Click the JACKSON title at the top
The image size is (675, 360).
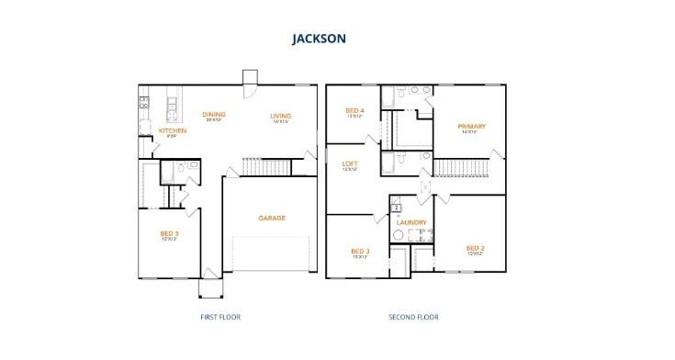click(319, 39)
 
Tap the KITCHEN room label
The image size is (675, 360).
click(173, 130)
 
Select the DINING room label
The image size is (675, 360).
click(215, 115)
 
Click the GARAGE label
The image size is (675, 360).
click(272, 218)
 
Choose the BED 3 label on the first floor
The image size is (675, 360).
click(169, 233)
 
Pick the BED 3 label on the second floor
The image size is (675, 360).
click(360, 251)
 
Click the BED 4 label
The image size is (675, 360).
click(354, 110)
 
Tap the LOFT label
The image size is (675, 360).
click(350, 163)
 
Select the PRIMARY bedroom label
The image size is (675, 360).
click(471, 126)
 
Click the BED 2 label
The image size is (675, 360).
click(474, 248)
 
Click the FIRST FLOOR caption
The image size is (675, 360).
click(219, 317)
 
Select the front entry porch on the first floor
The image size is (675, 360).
click(211, 287)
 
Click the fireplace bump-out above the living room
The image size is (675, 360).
click(250, 77)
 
